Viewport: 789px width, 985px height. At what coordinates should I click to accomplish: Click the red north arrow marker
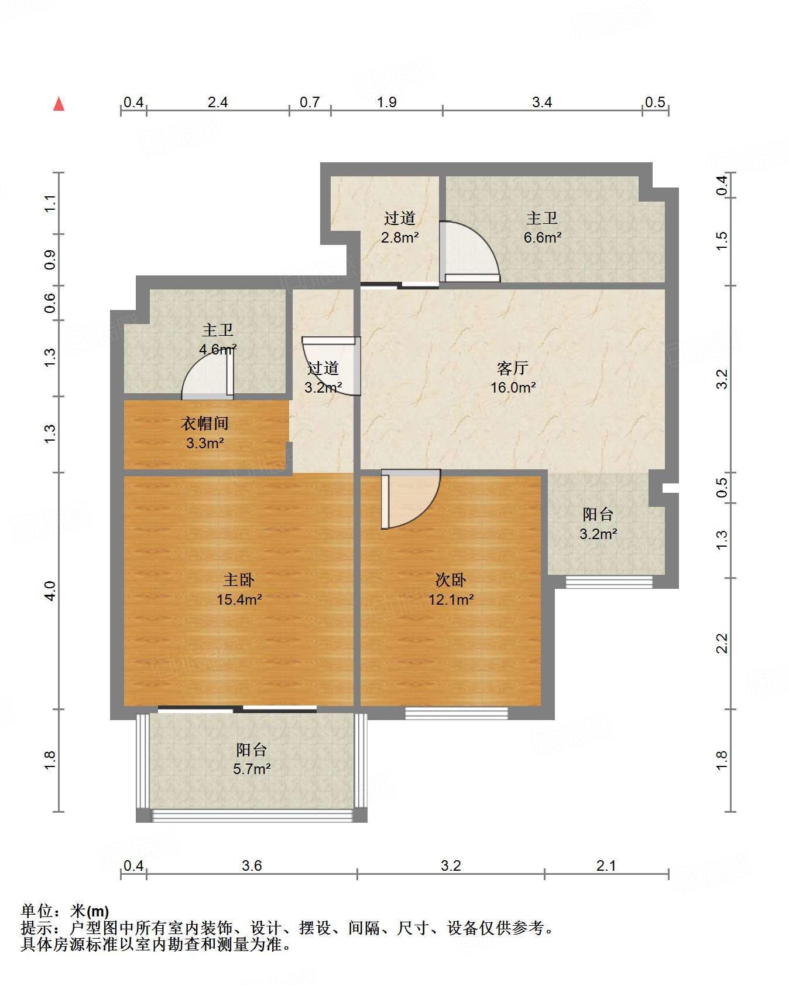(59, 104)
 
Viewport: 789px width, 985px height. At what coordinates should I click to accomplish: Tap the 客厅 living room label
(513, 368)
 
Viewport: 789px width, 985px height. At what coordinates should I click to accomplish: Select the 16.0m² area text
(513, 387)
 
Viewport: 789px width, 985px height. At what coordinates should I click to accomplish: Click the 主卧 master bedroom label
(239, 580)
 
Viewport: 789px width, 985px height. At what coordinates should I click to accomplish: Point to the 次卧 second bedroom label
(451, 580)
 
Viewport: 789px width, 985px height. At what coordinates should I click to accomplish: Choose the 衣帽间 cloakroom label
(205, 423)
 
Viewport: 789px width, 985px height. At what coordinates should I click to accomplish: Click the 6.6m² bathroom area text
(543, 237)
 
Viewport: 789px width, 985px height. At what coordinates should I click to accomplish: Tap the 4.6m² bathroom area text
(218, 350)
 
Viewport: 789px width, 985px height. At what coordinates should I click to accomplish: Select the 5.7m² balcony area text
(252, 769)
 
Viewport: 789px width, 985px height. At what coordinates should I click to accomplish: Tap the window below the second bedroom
(457, 713)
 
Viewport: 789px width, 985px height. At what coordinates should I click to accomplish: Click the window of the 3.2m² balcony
(609, 582)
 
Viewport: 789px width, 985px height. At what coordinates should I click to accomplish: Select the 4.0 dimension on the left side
(50, 591)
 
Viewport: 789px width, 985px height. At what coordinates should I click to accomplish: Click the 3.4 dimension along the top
(542, 103)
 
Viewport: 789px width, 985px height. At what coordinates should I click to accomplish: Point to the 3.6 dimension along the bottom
(252, 865)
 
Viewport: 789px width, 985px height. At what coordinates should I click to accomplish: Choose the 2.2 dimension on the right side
(722, 643)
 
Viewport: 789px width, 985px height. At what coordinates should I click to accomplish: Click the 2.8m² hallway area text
(400, 237)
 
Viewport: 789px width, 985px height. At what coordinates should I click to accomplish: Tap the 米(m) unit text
(90, 911)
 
